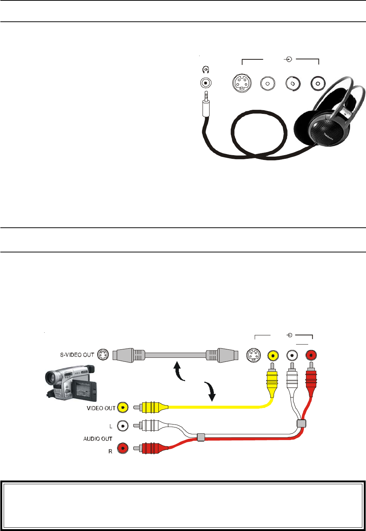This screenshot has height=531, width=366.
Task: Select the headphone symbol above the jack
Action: tap(206, 70)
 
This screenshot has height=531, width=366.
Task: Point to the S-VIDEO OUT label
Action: tap(77, 355)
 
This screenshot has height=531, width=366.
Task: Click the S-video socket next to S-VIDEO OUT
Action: tap(103, 355)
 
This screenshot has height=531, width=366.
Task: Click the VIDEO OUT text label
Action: tap(101, 408)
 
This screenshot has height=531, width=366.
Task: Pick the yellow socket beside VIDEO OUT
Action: tap(123, 407)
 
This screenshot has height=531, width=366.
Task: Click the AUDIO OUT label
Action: tap(98, 439)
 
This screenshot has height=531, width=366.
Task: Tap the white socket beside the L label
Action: tap(123, 426)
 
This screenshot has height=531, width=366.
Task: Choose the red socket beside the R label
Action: tap(123, 448)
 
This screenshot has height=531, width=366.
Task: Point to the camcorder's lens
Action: tap(50, 377)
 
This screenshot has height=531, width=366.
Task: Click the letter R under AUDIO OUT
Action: tap(110, 451)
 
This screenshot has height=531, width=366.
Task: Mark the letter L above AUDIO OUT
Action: tap(110, 426)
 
